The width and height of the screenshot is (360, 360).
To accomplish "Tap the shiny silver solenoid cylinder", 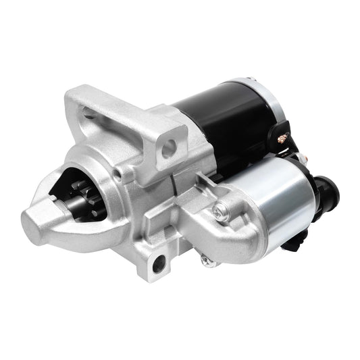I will point(270,192).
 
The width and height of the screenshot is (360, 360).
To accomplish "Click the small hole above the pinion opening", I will point(118,174).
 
